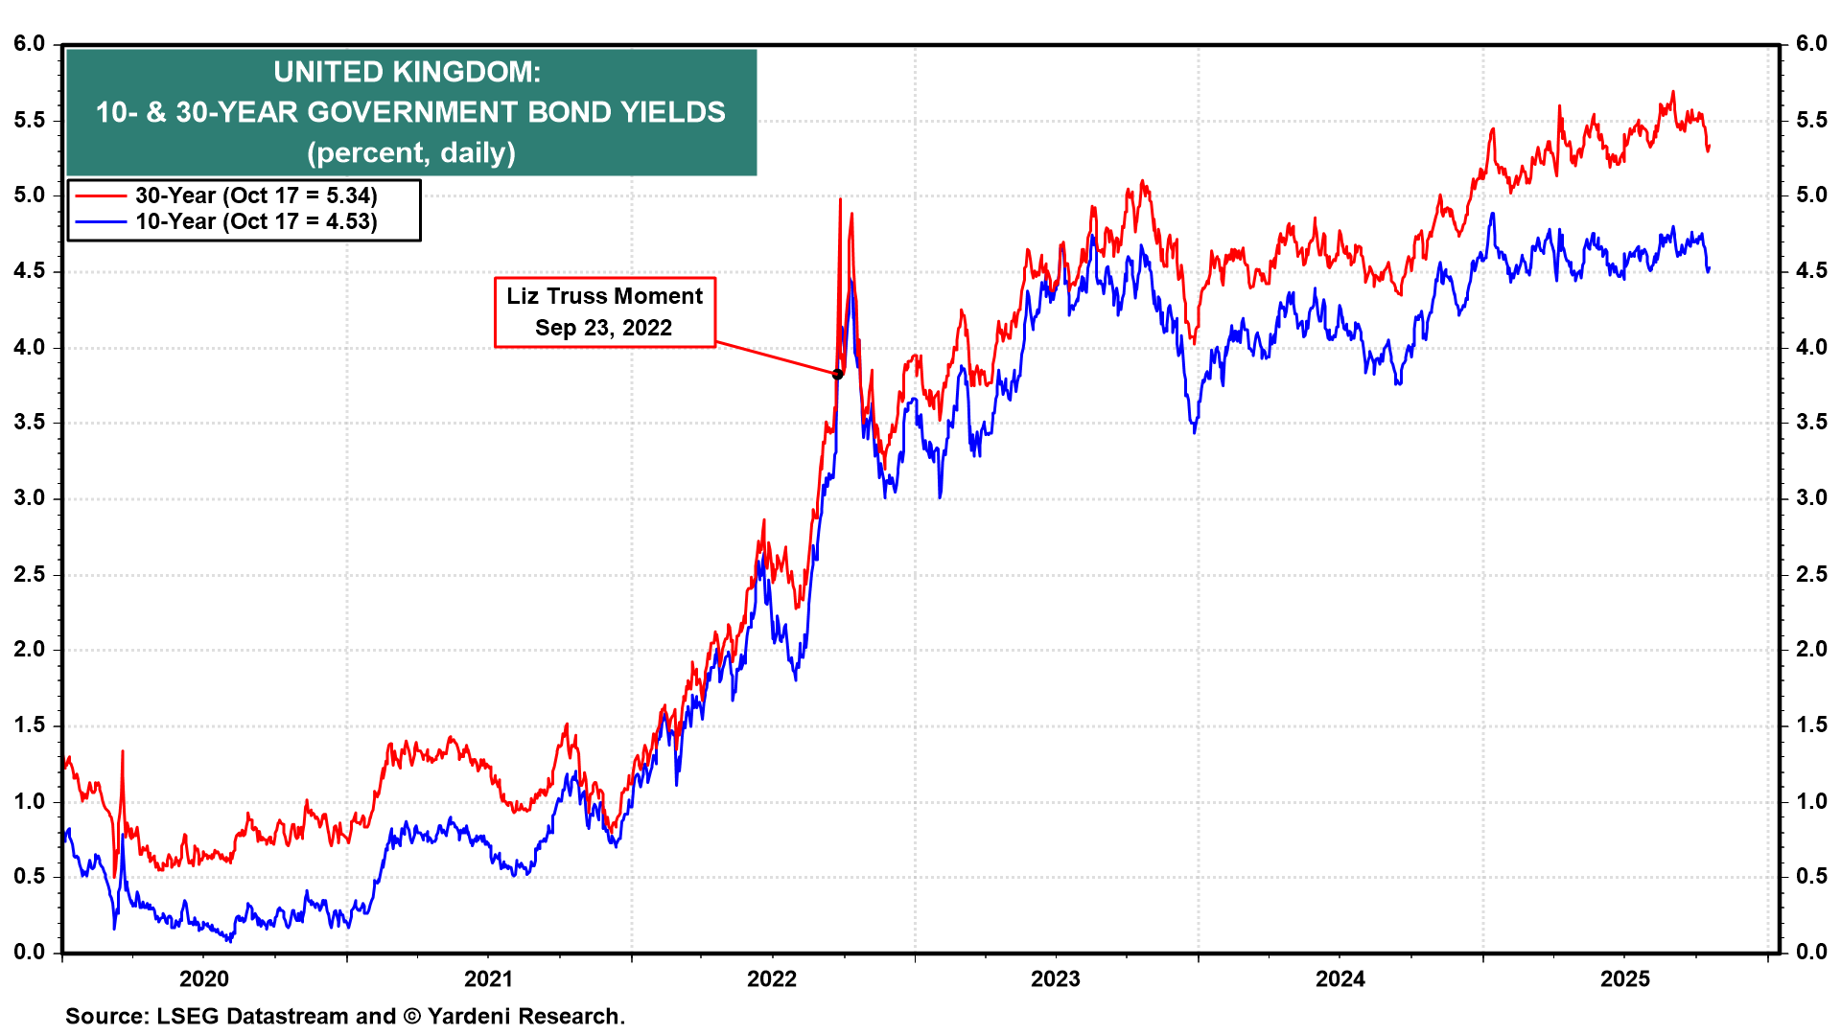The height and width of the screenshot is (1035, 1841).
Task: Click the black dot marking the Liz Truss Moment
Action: tap(837, 374)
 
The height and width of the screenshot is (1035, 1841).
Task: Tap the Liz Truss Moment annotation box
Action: tap(604, 311)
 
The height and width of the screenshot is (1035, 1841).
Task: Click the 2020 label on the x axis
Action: tap(204, 978)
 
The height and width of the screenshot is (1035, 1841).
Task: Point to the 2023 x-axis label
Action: tap(1055, 978)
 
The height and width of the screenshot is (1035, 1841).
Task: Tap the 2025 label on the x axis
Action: tap(1625, 978)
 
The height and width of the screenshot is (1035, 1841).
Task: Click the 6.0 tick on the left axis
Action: tap(30, 43)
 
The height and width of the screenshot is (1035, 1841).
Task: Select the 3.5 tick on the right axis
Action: tap(1811, 422)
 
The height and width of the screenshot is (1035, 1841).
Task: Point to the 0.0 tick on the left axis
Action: tap(30, 952)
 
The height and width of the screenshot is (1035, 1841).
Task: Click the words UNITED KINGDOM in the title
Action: tap(407, 72)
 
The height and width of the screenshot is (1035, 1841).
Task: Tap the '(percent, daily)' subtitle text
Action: tap(411, 152)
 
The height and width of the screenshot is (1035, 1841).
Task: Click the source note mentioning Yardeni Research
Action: tap(345, 1016)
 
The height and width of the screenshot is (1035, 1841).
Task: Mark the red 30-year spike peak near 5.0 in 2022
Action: tap(840, 199)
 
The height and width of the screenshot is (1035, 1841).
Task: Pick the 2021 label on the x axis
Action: tap(488, 978)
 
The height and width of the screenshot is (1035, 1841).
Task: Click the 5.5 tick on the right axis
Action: tap(1811, 120)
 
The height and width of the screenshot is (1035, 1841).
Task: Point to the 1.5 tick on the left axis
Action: tap(30, 724)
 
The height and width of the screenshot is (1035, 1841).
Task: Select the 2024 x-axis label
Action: tap(1340, 978)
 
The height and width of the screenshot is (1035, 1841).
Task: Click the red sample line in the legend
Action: tap(101, 195)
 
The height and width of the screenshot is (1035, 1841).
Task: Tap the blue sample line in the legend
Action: tap(101, 221)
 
